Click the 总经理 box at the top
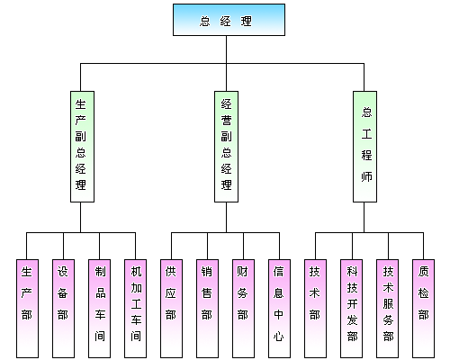(x=229, y=20)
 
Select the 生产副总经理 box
(x=82, y=147)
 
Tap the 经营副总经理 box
(x=226, y=147)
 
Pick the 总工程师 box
(x=364, y=147)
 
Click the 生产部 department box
(x=27, y=309)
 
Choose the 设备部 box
(x=63, y=309)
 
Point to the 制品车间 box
(x=99, y=309)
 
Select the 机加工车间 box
(x=135, y=309)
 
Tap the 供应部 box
(x=171, y=309)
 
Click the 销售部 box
(x=207, y=309)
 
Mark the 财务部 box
(x=243, y=309)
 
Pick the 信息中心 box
(x=279, y=309)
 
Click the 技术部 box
(x=315, y=309)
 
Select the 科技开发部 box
(x=351, y=309)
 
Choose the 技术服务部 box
(x=387, y=309)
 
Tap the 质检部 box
(x=423, y=309)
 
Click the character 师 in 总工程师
(x=366, y=176)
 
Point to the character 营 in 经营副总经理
(x=227, y=121)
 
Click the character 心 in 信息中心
(x=279, y=337)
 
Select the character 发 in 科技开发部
(x=352, y=320)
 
